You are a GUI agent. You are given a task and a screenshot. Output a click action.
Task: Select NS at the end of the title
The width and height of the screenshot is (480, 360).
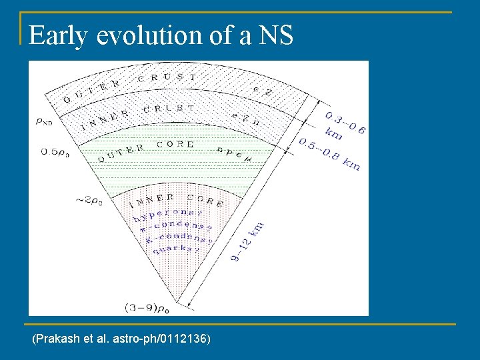tap(275, 35)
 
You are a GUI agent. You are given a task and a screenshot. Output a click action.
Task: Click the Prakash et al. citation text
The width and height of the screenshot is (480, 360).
tap(121, 340)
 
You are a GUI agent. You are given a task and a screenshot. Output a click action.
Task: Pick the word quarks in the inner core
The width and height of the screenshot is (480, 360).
tap(177, 249)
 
